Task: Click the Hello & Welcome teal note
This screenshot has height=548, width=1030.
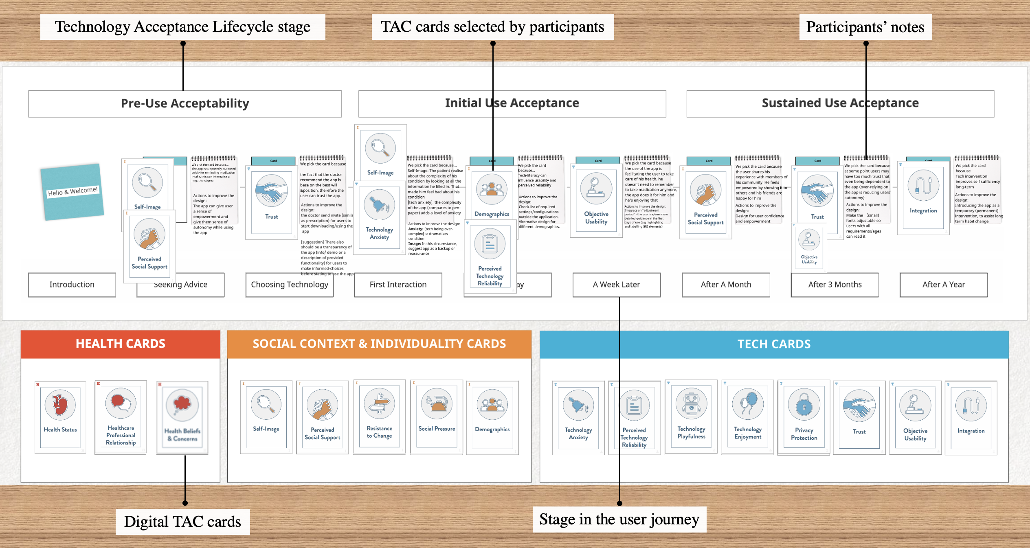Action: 72,192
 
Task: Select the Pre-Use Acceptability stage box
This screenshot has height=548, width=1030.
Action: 184,104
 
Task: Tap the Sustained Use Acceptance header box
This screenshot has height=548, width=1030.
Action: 840,103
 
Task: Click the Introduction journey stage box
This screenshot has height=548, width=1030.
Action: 72,285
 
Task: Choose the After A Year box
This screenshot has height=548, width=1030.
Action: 943,285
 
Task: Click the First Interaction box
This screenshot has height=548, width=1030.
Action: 398,285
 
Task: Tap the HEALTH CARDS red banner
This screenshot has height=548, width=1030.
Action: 120,344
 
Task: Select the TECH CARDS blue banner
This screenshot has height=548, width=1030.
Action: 774,344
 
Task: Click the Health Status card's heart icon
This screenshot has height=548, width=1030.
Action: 60,405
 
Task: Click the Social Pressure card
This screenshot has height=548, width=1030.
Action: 437,417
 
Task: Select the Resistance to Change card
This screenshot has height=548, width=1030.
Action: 379,417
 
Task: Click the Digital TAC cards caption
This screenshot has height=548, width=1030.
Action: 182,522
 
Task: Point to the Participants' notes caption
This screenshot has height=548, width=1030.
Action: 865,27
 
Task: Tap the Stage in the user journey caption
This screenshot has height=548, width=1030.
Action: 619,520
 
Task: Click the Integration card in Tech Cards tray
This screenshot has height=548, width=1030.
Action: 971,417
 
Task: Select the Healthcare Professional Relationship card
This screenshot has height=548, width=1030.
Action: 121,417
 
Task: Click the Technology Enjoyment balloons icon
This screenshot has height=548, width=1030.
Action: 748,404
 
